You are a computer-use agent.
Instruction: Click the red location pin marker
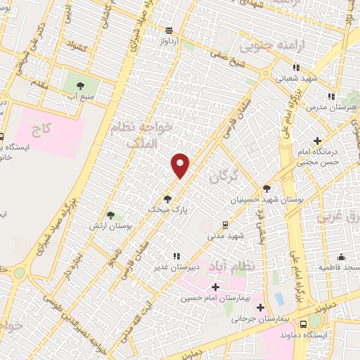pyautogui.click(x=181, y=165)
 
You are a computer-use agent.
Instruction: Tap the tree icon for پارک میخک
pyautogui.click(x=167, y=198)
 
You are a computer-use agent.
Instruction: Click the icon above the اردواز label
pyautogui.click(x=169, y=31)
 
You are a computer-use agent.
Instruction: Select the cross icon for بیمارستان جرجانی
pyautogui.click(x=261, y=307)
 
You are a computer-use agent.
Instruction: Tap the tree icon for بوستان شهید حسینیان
pyautogui.click(x=266, y=188)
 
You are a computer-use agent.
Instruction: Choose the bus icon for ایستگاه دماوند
pyautogui.click(x=303, y=325)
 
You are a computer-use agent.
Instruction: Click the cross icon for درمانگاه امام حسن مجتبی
pyautogui.click(x=319, y=141)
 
